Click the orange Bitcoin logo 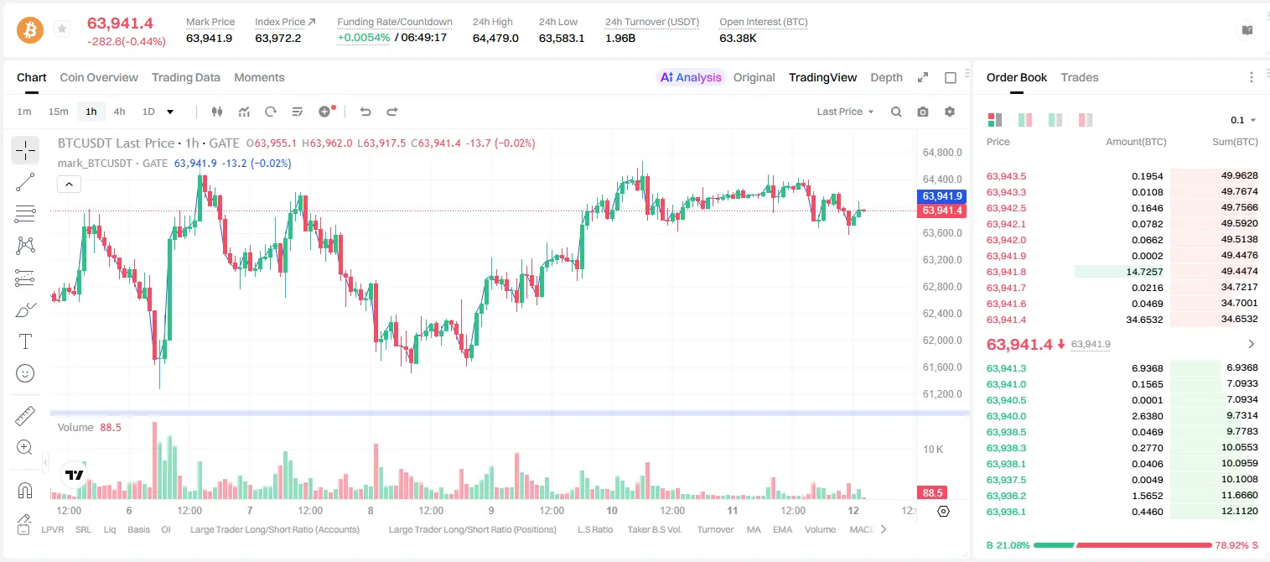tap(30, 30)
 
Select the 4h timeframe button tap(119, 112)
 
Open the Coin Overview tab tap(99, 77)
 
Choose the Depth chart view tap(886, 77)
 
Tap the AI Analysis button tap(691, 77)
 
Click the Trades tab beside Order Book tap(1080, 77)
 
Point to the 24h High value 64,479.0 tap(495, 38)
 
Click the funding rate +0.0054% tap(364, 38)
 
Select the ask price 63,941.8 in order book tap(1006, 272)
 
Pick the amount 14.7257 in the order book tap(1144, 272)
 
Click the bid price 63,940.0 tap(1006, 416)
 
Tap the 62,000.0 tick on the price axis tap(942, 341)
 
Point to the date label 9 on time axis tap(491, 510)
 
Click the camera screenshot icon tap(923, 112)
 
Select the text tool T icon tap(25, 341)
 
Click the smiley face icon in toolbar tap(25, 373)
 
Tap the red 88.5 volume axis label tap(932, 493)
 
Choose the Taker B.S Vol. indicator tap(654, 529)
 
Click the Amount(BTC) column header tap(1136, 142)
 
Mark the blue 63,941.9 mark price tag tap(941, 196)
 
